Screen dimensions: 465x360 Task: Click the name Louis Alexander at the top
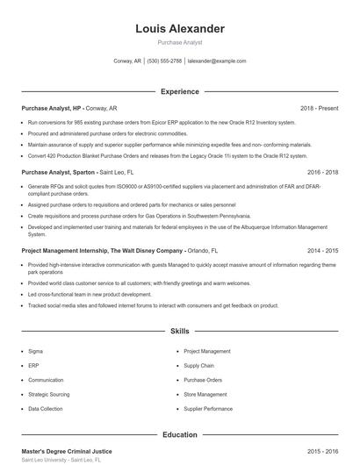coord(180,29)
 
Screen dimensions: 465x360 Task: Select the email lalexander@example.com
coord(217,61)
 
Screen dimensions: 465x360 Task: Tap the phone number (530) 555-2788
coord(165,61)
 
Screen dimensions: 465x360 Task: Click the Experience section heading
coord(180,91)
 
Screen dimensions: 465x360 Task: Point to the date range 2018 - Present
coord(320,108)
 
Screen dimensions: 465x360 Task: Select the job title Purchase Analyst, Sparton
coord(58,173)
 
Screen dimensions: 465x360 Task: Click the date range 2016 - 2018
coord(323,173)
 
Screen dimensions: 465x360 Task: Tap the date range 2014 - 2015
coord(323,250)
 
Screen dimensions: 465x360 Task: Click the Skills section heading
coord(180,332)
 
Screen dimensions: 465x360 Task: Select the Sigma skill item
coord(36,350)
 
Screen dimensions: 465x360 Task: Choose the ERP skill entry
coord(34,365)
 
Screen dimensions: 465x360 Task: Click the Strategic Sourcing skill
coord(48,394)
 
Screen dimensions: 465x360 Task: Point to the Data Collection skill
coord(46,409)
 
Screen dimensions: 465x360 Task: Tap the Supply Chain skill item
coord(198,365)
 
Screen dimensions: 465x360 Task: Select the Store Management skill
coord(205,394)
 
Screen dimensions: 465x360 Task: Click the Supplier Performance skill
coord(208,409)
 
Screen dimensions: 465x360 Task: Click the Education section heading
coord(180,434)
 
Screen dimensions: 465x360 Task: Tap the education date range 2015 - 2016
coord(323,451)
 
